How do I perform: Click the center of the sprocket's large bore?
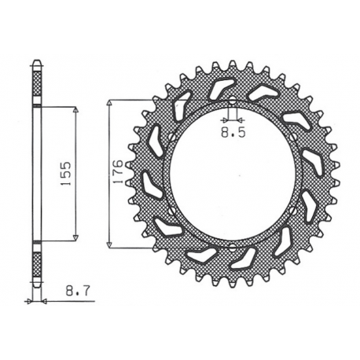pyautogui.click(x=233, y=174)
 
